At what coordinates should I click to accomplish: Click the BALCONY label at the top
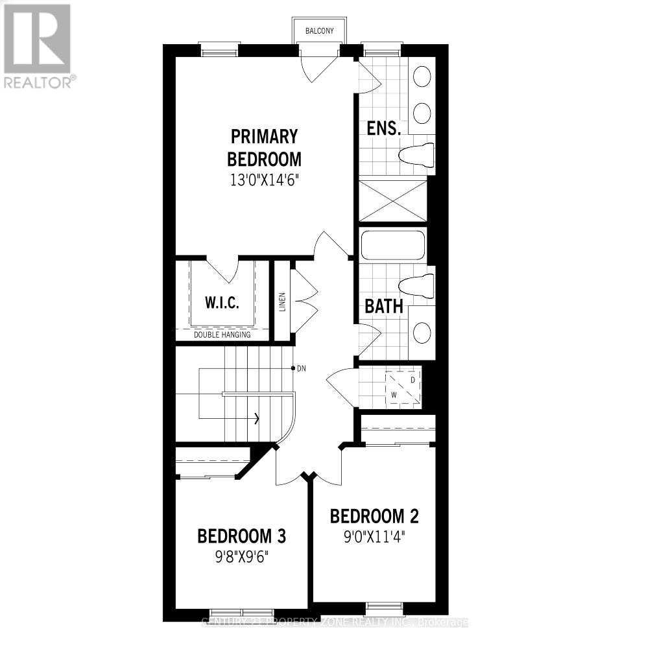pos(319,30)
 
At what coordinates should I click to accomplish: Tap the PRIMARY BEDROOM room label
pos(265,148)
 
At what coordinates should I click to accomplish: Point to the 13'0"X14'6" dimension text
pos(265,180)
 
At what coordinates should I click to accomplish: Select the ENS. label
pos(383,128)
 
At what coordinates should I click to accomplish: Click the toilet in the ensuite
pos(415,155)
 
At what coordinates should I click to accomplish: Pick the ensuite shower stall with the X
pos(393,201)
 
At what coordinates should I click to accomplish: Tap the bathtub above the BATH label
pos(393,246)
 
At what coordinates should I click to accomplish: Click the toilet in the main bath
pos(415,285)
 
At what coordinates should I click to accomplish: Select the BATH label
pos(384,306)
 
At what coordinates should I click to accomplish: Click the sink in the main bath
pos(422,333)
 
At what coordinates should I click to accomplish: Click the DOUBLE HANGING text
pos(222,335)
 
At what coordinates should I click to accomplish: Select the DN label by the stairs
pos(301,369)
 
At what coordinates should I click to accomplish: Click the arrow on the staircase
pos(257,418)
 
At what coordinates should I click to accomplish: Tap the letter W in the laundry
pos(393,394)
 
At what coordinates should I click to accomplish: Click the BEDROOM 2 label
pos(374,516)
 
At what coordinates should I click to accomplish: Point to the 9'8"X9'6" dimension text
pos(242,557)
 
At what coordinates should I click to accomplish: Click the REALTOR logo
pos(38,45)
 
